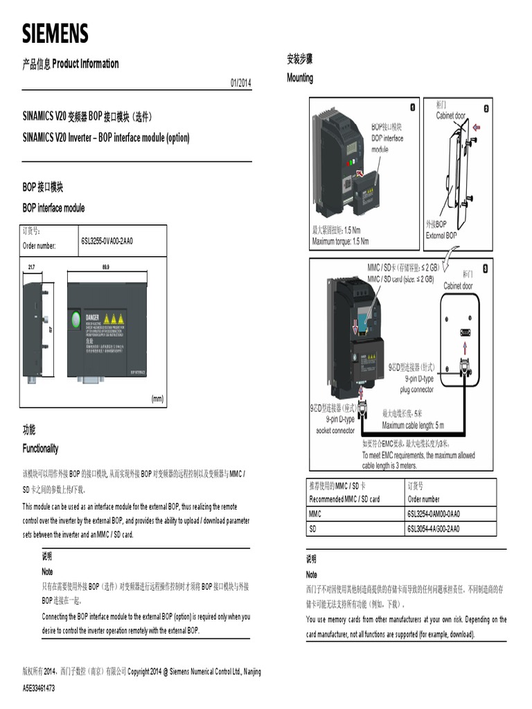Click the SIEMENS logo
pos(55,33)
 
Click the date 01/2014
pos(240,83)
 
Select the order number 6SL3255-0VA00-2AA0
pos(107,241)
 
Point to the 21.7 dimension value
pos(32,267)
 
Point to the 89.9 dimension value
pos(105,267)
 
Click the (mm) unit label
pos(157,399)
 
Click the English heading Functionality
pos(40,449)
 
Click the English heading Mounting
pos(300,78)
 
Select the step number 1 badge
pos(413,107)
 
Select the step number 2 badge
pos(486,108)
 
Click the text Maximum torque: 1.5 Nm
pos(340,241)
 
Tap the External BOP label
pos(441,235)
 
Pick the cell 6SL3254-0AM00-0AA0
pos(434,514)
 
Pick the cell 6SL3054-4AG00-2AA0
pos(434,530)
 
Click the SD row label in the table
pos(313,530)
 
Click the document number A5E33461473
pos(39,688)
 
